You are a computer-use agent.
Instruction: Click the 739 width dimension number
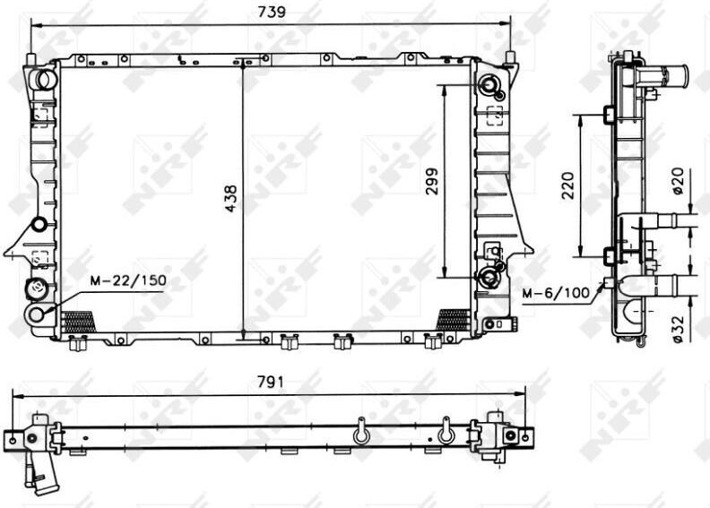(272, 12)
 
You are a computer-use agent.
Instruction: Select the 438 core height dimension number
(231, 198)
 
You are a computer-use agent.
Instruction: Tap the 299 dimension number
(432, 181)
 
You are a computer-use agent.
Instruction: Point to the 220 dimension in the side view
(567, 185)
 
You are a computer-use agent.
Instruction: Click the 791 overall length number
(271, 383)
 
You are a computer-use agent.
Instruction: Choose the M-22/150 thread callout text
(128, 280)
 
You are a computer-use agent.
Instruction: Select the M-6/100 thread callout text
(556, 293)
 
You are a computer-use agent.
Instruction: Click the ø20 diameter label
(678, 181)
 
